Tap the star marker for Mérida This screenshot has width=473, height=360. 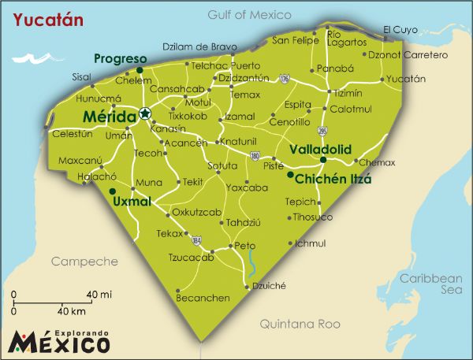click(x=145, y=114)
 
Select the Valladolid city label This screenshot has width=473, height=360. click(x=319, y=149)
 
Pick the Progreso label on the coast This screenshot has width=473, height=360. click(x=121, y=59)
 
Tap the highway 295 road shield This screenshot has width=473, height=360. click(x=322, y=131)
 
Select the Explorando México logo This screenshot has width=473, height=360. click(x=59, y=340)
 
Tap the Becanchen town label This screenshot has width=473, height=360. click(x=203, y=298)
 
